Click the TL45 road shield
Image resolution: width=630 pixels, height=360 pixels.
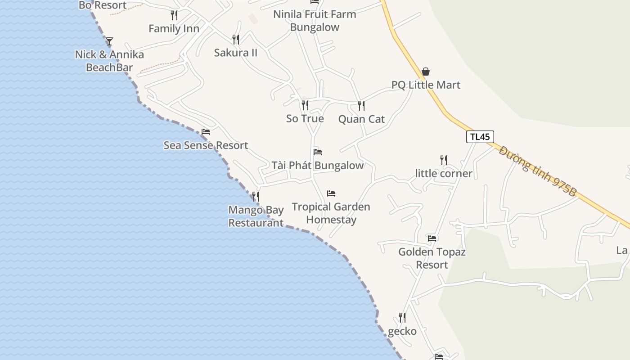pos(480,137)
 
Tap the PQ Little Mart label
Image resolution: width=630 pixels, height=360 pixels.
pos(426,85)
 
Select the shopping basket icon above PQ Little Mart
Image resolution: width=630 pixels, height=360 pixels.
pos(426,72)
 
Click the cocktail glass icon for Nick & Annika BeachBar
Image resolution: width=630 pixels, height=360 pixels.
pos(109,41)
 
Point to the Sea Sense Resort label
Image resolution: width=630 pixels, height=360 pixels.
pos(206,145)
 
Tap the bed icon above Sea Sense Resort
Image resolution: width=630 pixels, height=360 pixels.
pos(206,132)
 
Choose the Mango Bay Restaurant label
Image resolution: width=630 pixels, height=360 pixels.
pos(256,216)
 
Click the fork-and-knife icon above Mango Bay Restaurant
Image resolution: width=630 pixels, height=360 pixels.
pos(256,196)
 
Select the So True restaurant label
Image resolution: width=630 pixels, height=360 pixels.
pos(305,119)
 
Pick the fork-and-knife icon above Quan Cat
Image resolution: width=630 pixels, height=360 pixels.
pos(361,105)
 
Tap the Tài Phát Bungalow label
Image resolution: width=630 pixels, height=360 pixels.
pos(317,166)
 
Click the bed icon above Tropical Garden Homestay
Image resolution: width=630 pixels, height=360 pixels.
pos(331,193)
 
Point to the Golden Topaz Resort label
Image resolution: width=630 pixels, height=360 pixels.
pos(432,258)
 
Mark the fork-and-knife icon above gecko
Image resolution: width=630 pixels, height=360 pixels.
pos(402,318)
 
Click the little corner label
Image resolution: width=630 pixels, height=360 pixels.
pos(444,174)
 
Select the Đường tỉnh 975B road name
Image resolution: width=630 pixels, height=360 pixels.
pos(538,171)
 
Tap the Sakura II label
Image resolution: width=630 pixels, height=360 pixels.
pos(236,53)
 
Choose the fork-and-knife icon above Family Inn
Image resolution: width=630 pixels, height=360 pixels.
pos(174,15)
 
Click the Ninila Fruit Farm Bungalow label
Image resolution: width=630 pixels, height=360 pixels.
pos(315,21)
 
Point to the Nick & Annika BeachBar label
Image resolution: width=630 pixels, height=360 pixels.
pos(109,61)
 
